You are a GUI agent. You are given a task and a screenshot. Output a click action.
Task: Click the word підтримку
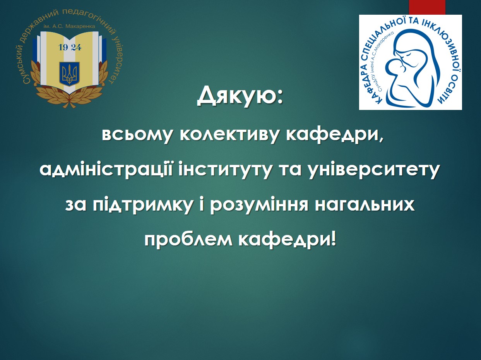142,206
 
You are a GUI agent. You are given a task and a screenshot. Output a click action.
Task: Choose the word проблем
188,240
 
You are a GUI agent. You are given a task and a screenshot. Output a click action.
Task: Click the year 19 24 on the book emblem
70,48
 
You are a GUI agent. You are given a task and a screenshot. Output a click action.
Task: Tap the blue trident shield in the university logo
70,74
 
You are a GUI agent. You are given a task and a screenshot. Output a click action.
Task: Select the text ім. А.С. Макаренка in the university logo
70,26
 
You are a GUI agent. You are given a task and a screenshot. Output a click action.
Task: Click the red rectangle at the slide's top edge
427,7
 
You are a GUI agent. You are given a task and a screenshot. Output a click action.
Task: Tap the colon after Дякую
279,97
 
